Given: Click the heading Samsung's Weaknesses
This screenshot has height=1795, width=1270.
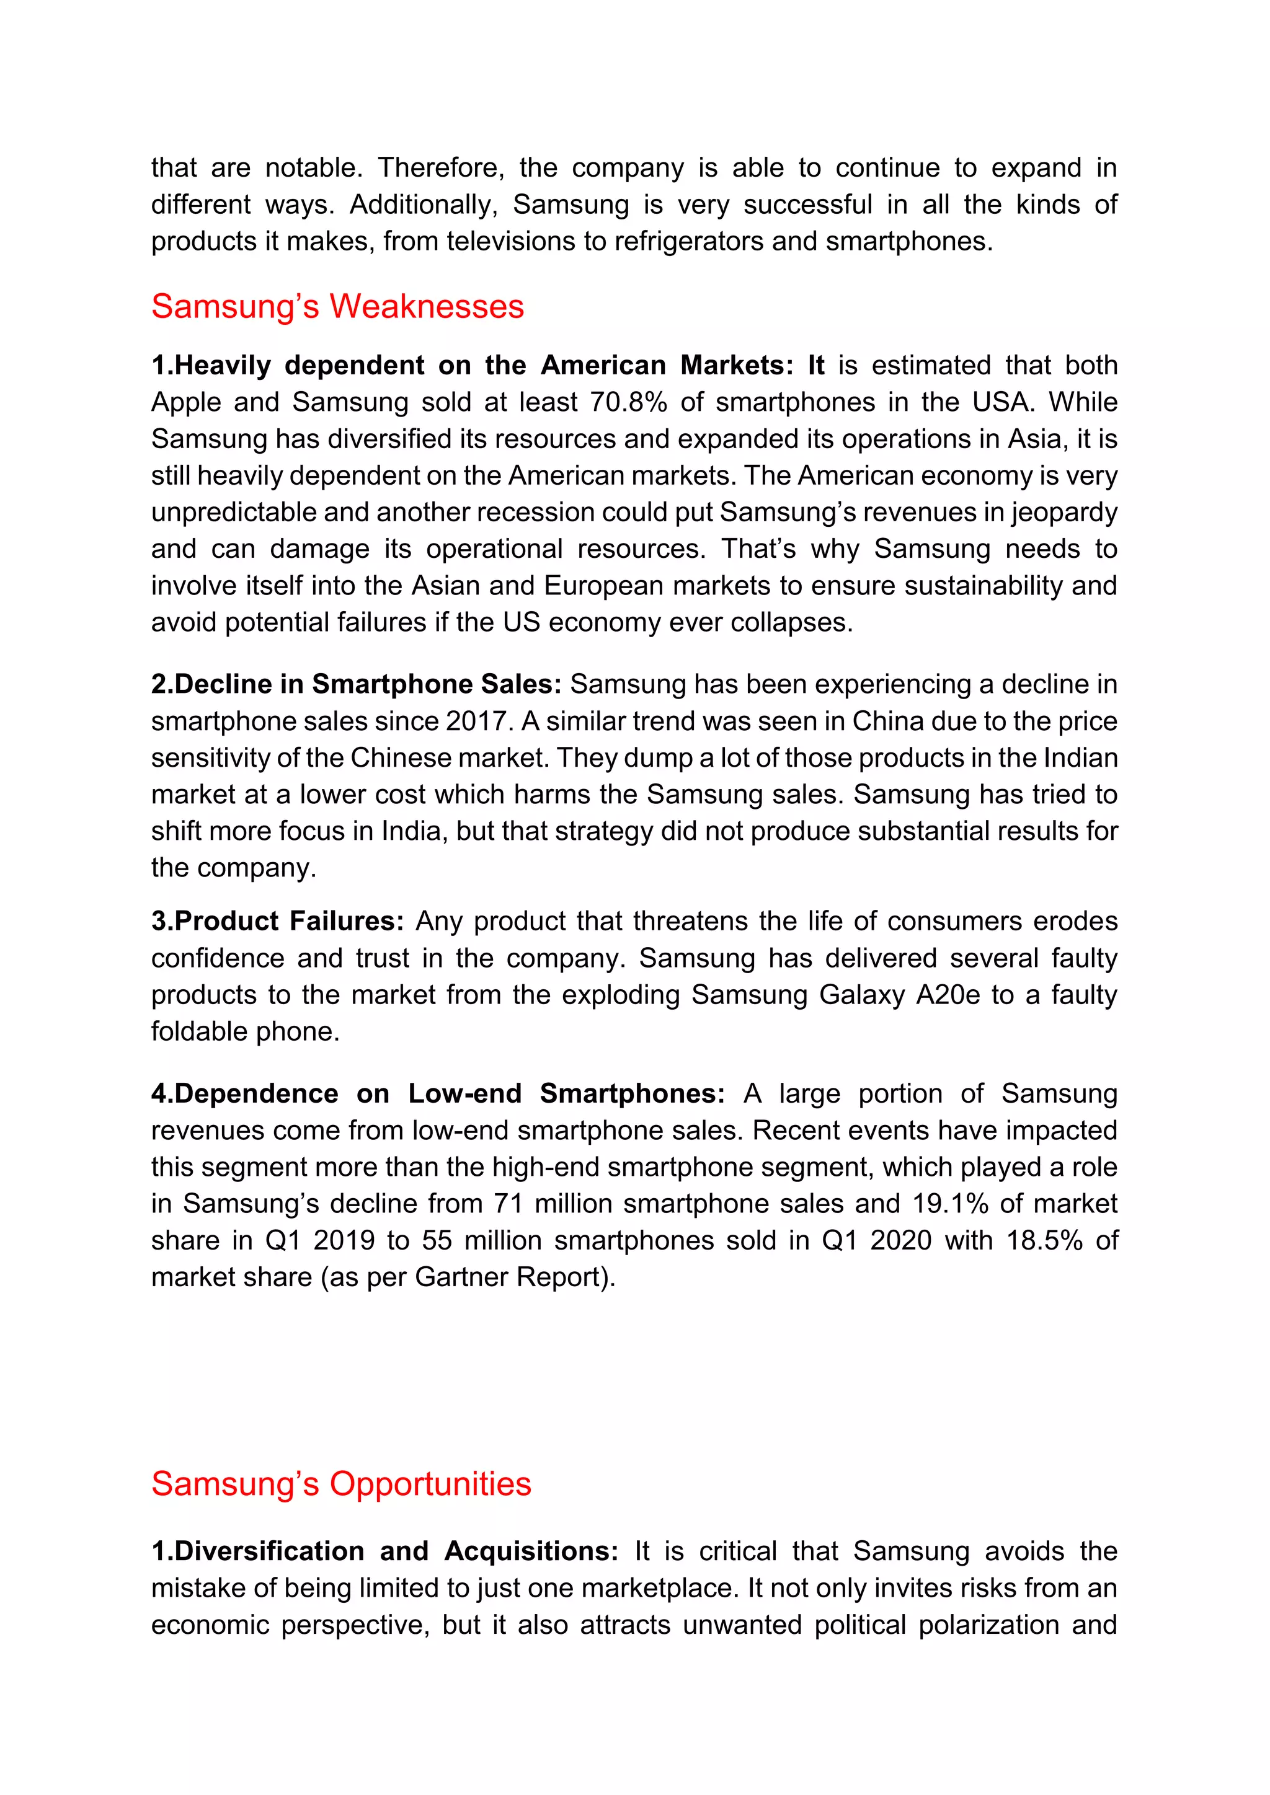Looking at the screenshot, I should (x=337, y=306).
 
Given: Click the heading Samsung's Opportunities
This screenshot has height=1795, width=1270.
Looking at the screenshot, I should (x=341, y=1484).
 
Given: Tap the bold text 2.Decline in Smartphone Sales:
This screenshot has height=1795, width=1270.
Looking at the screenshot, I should (x=356, y=684).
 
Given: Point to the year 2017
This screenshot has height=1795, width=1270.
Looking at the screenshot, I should (x=476, y=721).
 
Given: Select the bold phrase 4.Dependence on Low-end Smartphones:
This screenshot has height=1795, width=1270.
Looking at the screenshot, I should (x=438, y=1093).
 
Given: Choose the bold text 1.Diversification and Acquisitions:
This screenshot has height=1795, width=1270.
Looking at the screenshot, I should (x=384, y=1551).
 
